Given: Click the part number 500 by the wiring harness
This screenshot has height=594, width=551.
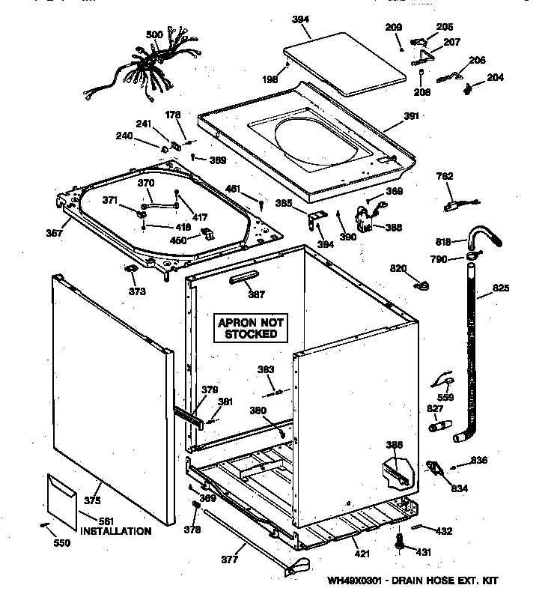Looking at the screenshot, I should tap(154, 34).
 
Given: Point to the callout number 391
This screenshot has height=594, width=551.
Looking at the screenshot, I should tap(412, 116).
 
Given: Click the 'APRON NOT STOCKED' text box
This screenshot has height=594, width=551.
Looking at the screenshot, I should tap(252, 327).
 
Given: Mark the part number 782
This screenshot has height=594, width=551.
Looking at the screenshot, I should tap(445, 177).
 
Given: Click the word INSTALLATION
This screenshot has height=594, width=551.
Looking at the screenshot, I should tap(115, 531).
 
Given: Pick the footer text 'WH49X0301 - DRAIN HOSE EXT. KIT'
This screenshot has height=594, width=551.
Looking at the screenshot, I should tap(412, 580).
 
